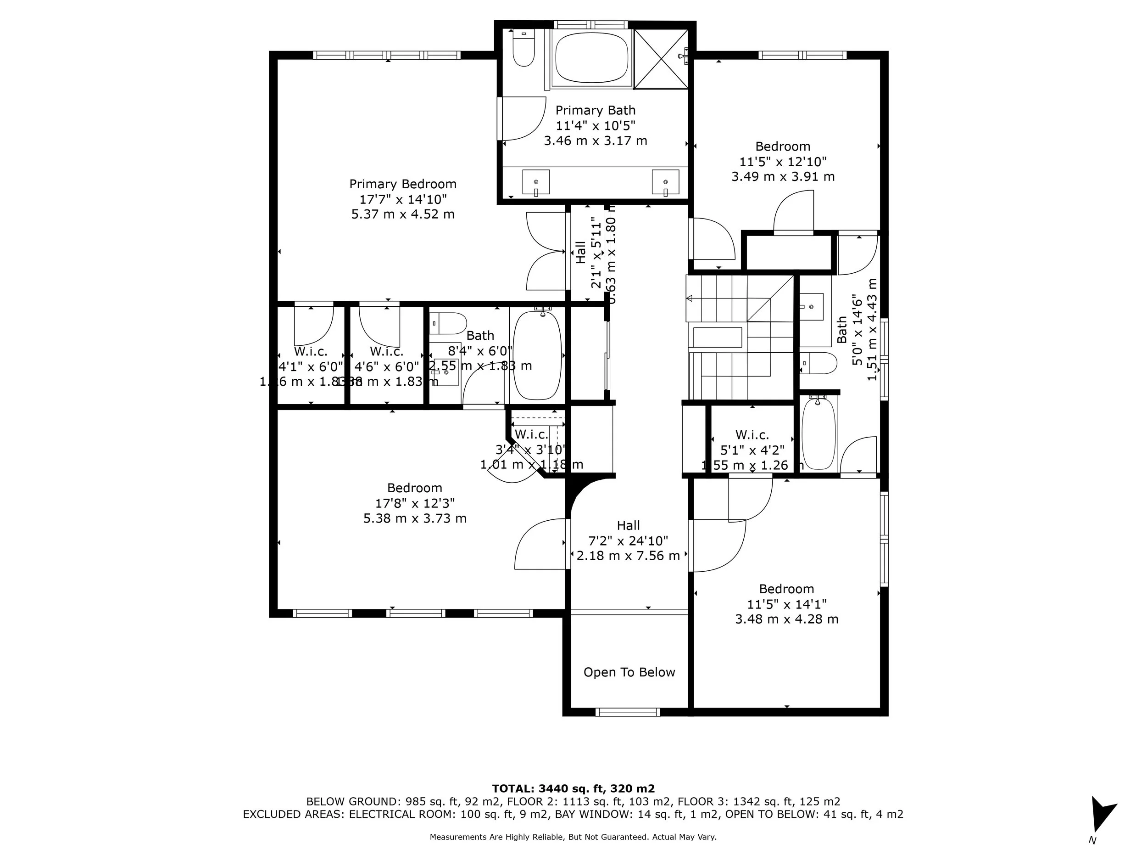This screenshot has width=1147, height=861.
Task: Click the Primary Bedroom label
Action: pos(402,184)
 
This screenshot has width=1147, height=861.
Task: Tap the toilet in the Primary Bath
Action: pos(523,49)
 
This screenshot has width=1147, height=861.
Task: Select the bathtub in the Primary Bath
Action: pos(592,57)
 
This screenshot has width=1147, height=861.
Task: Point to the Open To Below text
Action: pos(629,672)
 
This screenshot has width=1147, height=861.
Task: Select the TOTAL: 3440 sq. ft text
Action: pos(573,789)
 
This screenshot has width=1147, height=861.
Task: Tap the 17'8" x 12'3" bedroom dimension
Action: pos(415,503)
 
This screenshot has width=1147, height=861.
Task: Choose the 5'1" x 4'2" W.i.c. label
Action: pos(752,450)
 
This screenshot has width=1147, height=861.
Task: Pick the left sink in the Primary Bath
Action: pos(535,182)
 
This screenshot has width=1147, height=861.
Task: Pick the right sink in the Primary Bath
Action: pos(665,182)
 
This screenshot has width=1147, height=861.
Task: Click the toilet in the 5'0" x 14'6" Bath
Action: pos(818,363)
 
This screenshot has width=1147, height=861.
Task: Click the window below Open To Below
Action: pos(628,712)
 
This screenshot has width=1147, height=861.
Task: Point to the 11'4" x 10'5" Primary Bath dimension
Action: pos(595,126)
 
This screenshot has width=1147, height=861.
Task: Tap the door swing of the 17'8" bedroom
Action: pos(539,545)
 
